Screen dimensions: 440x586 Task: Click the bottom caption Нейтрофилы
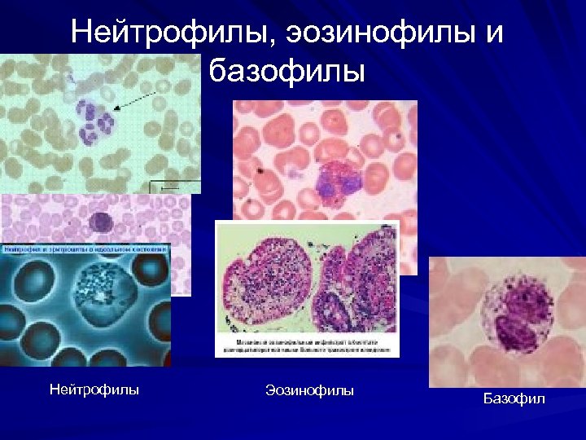point(94,389)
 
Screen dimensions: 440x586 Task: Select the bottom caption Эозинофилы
point(309,391)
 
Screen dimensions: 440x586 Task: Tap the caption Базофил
point(514,398)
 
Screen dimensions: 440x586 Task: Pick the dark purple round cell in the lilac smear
point(100,222)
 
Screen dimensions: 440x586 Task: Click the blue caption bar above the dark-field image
point(85,248)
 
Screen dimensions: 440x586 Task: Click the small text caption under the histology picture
point(308,345)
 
